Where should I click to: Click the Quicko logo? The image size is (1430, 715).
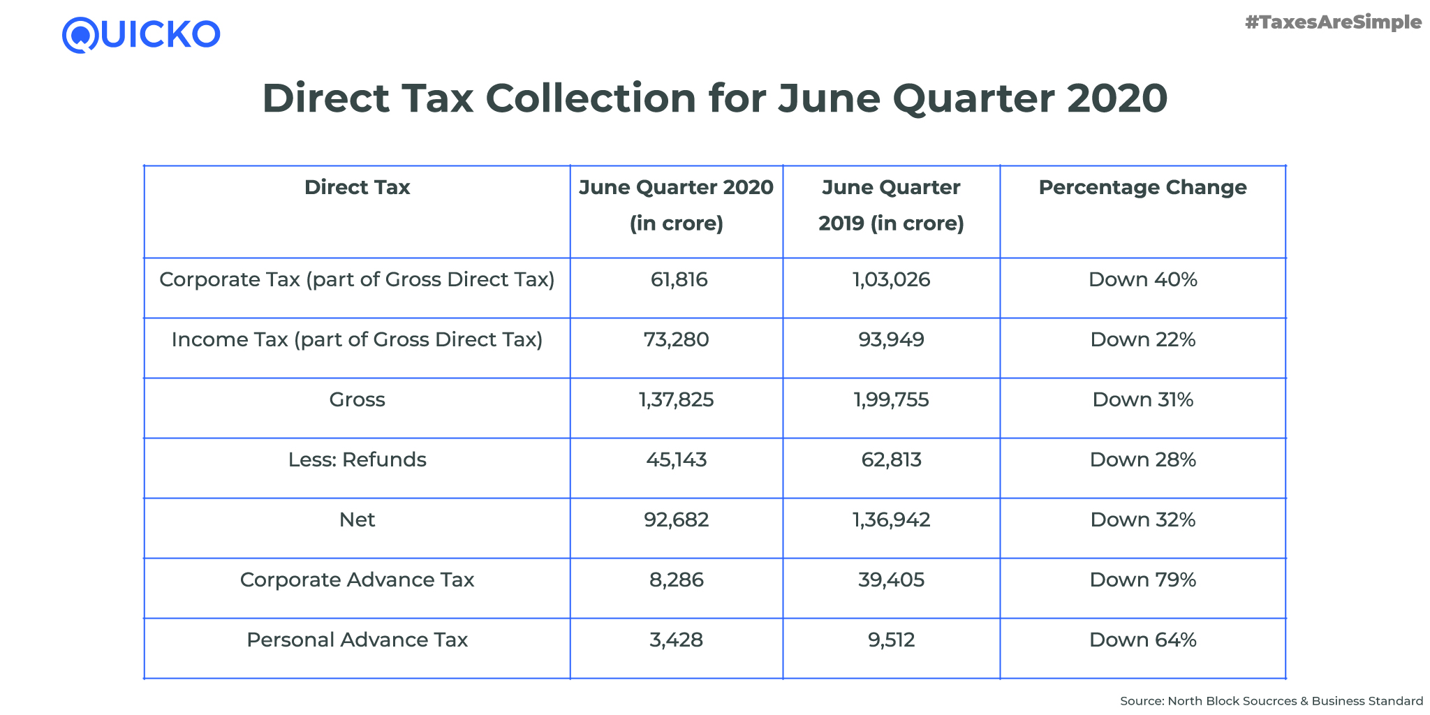click(141, 35)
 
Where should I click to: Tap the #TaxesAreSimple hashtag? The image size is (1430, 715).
click(1333, 23)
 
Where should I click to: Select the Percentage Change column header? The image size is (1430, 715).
click(1142, 187)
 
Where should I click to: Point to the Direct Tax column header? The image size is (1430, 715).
click(357, 187)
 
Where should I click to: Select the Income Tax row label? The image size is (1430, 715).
click(357, 340)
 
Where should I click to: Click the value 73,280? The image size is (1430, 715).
click(676, 340)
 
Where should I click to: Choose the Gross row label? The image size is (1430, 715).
click(357, 400)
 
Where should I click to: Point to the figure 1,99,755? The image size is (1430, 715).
click(891, 400)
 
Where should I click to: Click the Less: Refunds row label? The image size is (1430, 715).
click(357, 460)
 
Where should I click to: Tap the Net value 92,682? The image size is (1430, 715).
click(676, 520)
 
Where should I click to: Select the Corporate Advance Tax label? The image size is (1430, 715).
click(357, 580)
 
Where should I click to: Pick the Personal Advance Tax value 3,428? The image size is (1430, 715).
click(676, 640)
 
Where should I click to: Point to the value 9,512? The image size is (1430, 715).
click(891, 640)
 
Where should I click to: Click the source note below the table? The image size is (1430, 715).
click(1271, 701)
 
